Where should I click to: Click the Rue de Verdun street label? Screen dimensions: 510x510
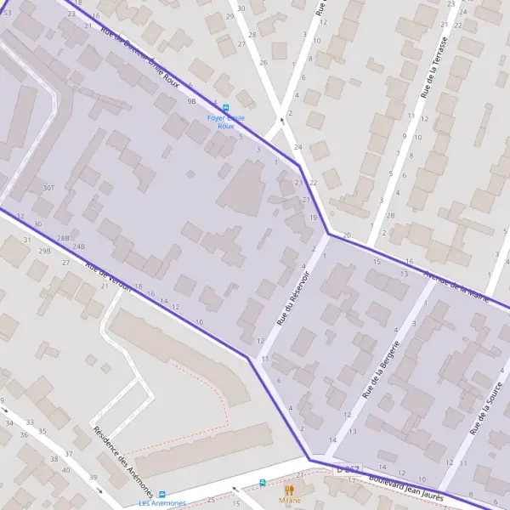pos(108,275)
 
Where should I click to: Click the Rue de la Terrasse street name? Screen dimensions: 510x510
pos(433,65)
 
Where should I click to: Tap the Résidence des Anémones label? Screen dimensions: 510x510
pos(123,462)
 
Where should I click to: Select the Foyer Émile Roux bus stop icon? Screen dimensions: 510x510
pos(225,108)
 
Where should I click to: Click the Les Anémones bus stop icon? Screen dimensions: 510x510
pos(161,494)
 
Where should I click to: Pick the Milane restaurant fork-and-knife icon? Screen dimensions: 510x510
pos(289,490)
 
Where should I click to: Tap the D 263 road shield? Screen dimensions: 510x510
pos(348,468)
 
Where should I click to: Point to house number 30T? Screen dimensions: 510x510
pos(48,188)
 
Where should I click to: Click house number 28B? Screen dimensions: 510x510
pos(63,238)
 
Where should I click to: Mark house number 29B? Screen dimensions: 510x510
pos(44,251)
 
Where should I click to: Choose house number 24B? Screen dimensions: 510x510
pos(79,246)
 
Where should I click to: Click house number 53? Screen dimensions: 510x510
pos(7,13)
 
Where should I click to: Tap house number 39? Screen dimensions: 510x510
pos(93,478)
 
